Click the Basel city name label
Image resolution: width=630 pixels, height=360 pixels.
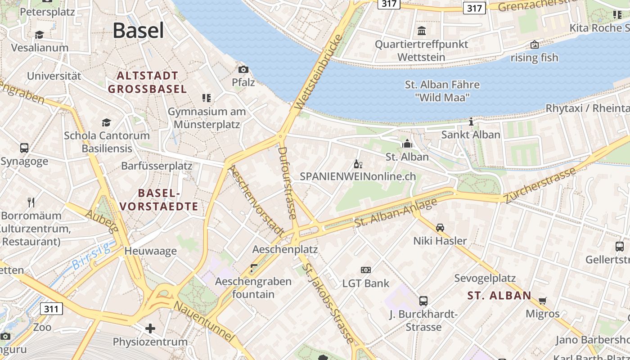pyautogui.click(x=138, y=31)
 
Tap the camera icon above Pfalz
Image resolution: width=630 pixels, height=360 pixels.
pyautogui.click(x=243, y=69)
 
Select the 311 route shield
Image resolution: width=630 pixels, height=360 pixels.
pyautogui.click(x=52, y=309)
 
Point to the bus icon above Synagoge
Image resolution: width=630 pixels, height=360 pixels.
pyautogui.click(x=24, y=148)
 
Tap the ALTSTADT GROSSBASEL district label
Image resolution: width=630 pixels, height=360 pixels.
pyautogui.click(x=147, y=82)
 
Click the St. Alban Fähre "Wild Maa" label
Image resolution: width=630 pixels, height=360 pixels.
pyautogui.click(x=442, y=91)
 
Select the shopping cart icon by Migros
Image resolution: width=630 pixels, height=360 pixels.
pyautogui.click(x=543, y=301)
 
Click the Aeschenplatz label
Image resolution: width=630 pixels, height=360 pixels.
pyautogui.click(x=285, y=249)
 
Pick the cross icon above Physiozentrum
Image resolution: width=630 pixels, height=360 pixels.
pyautogui.click(x=150, y=328)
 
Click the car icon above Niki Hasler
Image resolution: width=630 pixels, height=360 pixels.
pyautogui.click(x=440, y=227)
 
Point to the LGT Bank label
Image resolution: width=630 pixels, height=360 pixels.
pyautogui.click(x=366, y=283)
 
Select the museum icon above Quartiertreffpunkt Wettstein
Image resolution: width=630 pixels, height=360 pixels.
pyautogui.click(x=422, y=31)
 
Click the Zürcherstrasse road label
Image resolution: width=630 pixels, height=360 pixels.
pyautogui.click(x=540, y=185)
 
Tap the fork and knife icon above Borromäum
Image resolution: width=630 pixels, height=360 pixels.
pyautogui.click(x=31, y=202)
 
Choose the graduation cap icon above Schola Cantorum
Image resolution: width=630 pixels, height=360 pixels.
pyautogui.click(x=106, y=122)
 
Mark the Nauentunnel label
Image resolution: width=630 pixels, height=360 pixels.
pyautogui.click(x=205, y=321)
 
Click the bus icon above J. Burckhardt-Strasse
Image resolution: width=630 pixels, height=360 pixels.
pyautogui.click(x=423, y=301)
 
